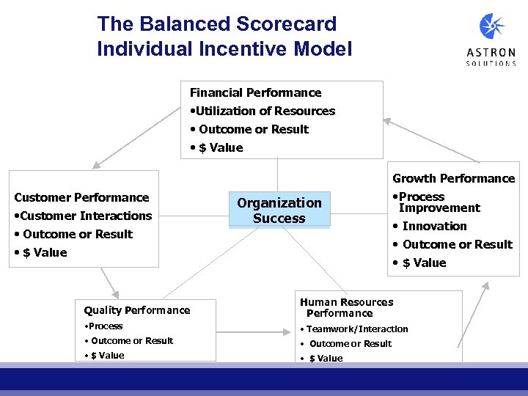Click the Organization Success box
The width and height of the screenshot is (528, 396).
pos(279,210)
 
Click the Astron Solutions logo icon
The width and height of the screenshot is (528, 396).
pos(491,27)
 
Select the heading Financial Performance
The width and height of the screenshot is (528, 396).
pos(255,92)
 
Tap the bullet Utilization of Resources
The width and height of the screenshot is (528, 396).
pos(263,111)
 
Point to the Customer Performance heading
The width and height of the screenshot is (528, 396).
pos(81,197)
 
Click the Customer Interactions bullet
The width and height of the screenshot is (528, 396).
pos(83,216)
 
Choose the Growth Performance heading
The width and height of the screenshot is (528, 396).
pos(453,178)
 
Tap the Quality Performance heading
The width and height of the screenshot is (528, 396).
pos(136,310)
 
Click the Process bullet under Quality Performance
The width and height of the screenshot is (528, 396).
pos(104,326)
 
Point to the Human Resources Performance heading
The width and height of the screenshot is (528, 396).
pos(346,307)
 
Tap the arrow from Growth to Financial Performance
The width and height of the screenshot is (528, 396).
pos(433,139)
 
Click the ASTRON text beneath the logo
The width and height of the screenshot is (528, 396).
pos(491,53)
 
